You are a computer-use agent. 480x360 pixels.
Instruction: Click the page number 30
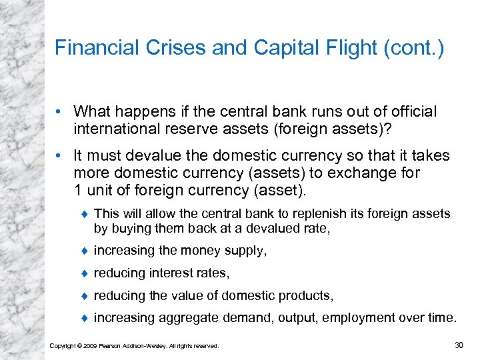click(458, 344)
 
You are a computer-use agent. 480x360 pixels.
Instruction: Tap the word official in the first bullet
click(414, 111)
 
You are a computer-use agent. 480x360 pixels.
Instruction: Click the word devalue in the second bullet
click(147, 157)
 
